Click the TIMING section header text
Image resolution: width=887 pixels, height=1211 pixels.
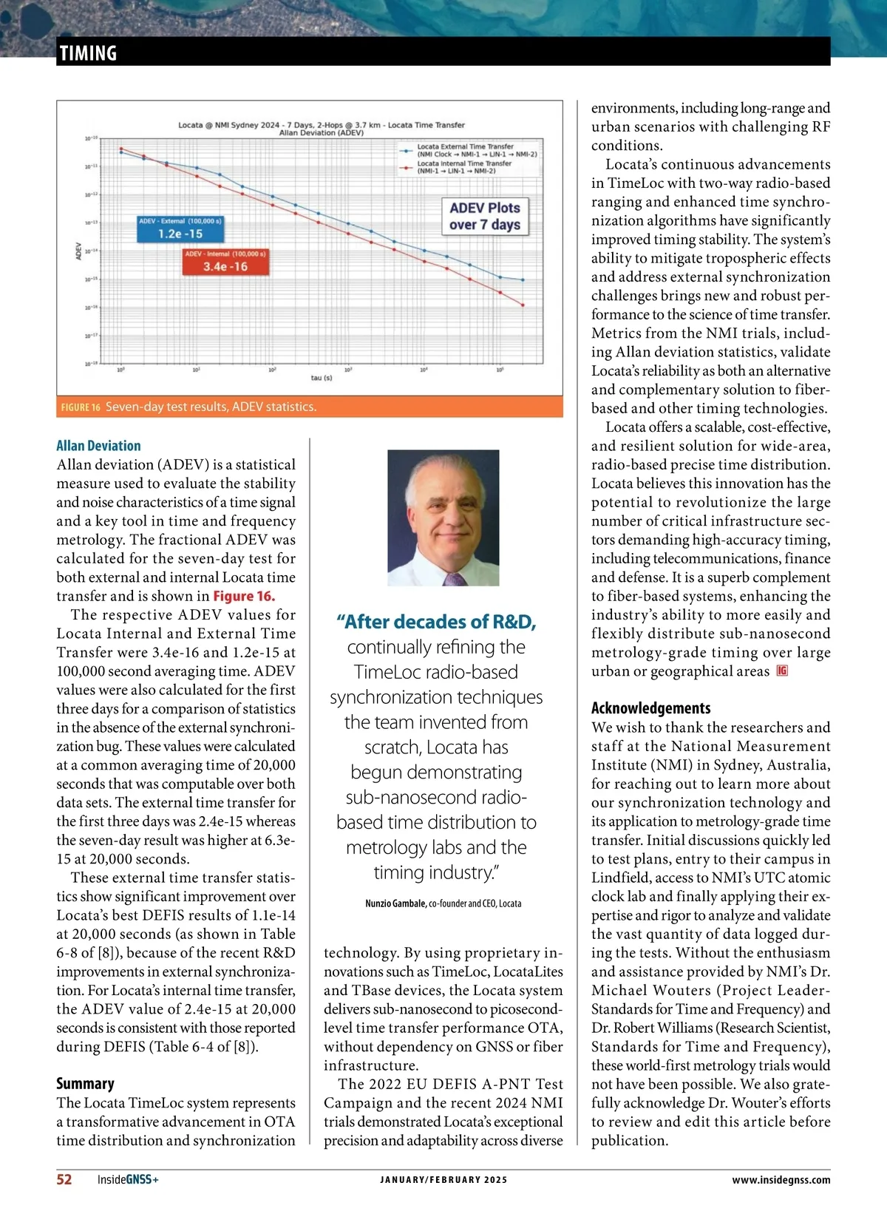tap(88, 53)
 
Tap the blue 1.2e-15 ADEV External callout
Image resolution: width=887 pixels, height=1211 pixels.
tap(180, 229)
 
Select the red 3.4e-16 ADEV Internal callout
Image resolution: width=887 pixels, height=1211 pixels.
tap(225, 262)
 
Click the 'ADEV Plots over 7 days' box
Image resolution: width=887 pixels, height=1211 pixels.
tap(485, 216)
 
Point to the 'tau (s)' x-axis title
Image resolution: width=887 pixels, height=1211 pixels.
tap(322, 378)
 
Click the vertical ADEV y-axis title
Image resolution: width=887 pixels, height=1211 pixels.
tap(78, 251)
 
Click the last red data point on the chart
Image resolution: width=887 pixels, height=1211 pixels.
tap(523, 305)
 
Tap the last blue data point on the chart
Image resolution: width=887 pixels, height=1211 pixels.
tap(523, 280)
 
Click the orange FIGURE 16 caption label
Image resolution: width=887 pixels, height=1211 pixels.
tap(81, 407)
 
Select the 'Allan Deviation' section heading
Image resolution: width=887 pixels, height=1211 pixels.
tap(98, 446)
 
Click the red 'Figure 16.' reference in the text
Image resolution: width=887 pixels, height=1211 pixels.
tap(244, 597)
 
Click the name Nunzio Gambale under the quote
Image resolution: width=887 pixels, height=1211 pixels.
tap(395, 903)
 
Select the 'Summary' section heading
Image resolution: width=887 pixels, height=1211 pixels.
tap(85, 1084)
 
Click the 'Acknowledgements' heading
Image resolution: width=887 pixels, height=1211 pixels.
tap(650, 708)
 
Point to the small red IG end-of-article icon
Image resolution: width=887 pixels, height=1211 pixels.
tap(782, 671)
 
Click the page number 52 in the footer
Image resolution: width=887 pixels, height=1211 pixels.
tap(64, 1179)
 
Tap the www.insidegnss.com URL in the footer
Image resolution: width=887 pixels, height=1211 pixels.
tap(781, 1180)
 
